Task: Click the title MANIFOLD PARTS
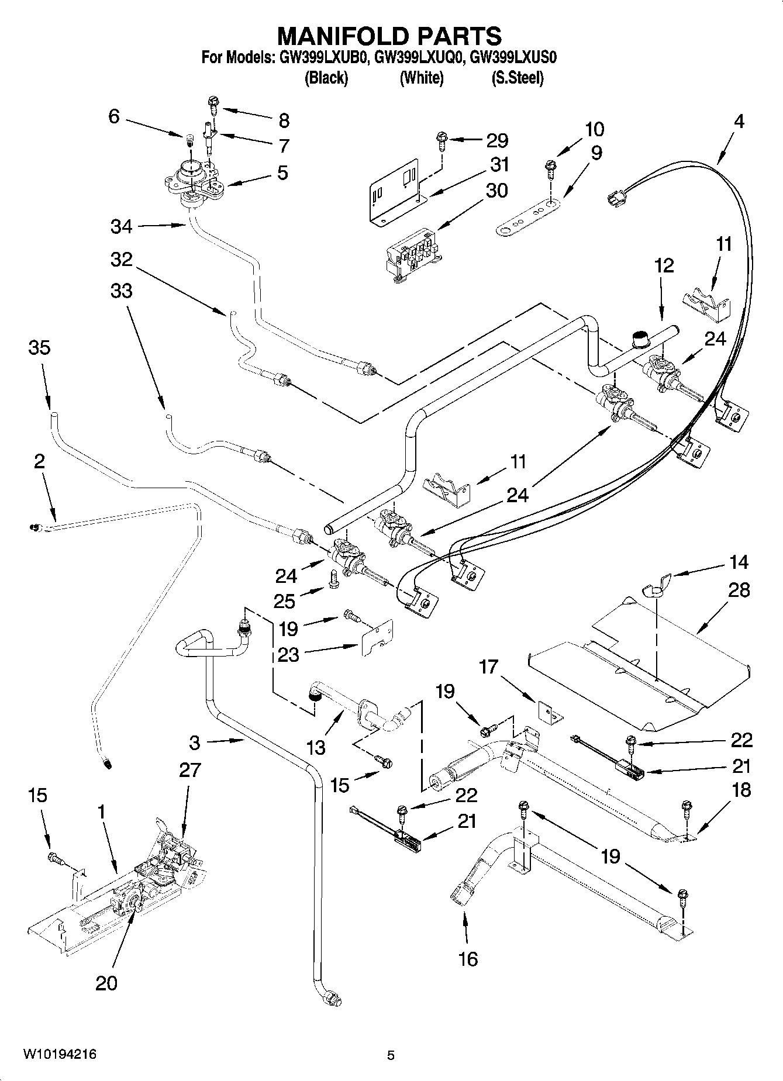click(389, 36)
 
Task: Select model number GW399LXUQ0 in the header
click(418, 57)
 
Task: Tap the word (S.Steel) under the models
click(518, 78)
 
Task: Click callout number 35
click(39, 347)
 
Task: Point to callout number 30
click(496, 191)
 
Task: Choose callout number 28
click(739, 590)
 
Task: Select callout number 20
click(106, 982)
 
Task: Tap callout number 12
click(664, 265)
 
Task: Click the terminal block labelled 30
click(411, 253)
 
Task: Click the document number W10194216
click(60, 1054)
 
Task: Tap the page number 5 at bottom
click(391, 1055)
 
